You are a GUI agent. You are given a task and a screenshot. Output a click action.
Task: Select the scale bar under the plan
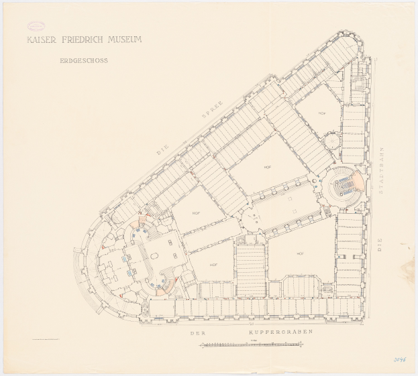pos(252,344)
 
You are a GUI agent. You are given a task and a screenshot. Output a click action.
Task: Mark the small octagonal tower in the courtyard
pos(331,142)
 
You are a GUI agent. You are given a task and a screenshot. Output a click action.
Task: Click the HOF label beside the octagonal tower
pos(322,113)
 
